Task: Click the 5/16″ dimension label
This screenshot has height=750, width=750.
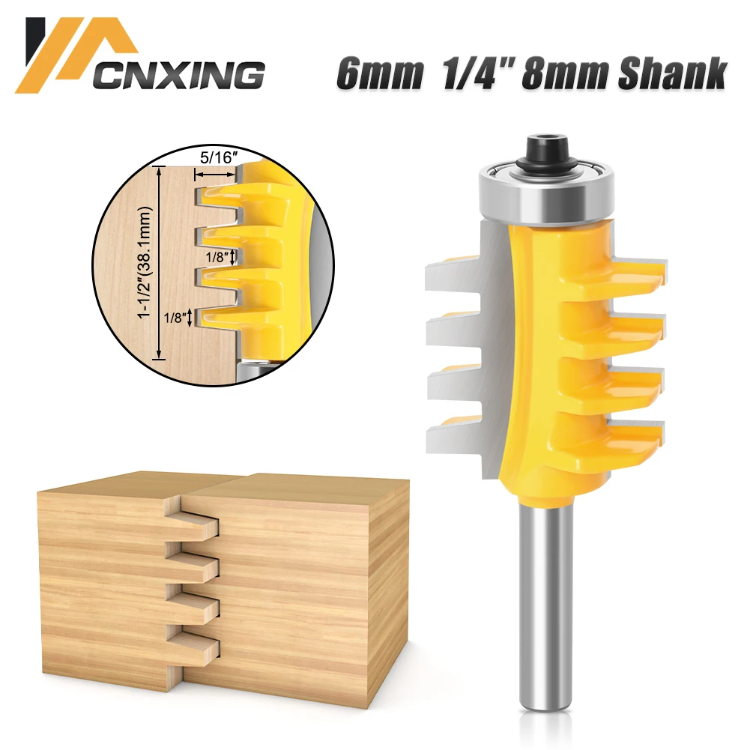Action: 216,160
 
